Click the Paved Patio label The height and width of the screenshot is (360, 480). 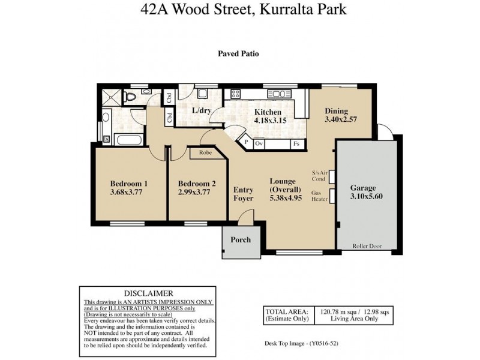(238, 53)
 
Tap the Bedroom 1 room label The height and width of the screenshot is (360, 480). (128, 184)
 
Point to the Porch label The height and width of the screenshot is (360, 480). (241, 240)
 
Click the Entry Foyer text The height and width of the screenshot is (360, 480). (243, 194)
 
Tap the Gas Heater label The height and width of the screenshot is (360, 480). (317, 197)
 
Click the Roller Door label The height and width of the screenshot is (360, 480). (366, 245)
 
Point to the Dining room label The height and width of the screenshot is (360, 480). (336, 111)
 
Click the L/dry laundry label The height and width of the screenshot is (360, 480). (200, 111)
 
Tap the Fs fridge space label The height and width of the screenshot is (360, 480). (296, 144)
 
